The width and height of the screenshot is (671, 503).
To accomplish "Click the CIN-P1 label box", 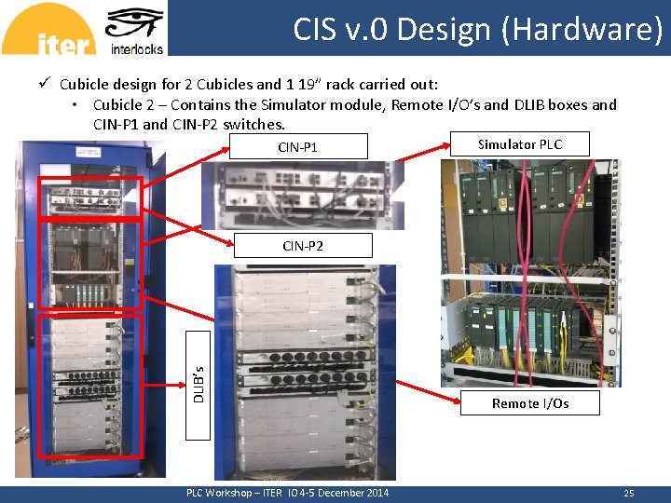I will point(297,147).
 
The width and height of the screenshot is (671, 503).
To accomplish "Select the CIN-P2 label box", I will point(303,246).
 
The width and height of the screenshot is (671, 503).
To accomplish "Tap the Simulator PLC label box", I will point(520,144).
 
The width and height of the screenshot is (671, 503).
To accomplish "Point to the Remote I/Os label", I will point(530,403).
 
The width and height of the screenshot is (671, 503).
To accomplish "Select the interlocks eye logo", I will point(136,29).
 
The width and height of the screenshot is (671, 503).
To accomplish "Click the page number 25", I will point(629,493).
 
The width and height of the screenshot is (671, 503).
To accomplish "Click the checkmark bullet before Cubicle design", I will point(44,84).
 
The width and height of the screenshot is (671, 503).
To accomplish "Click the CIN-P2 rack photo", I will point(305,373).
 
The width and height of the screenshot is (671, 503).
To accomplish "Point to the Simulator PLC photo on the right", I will point(528,270).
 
